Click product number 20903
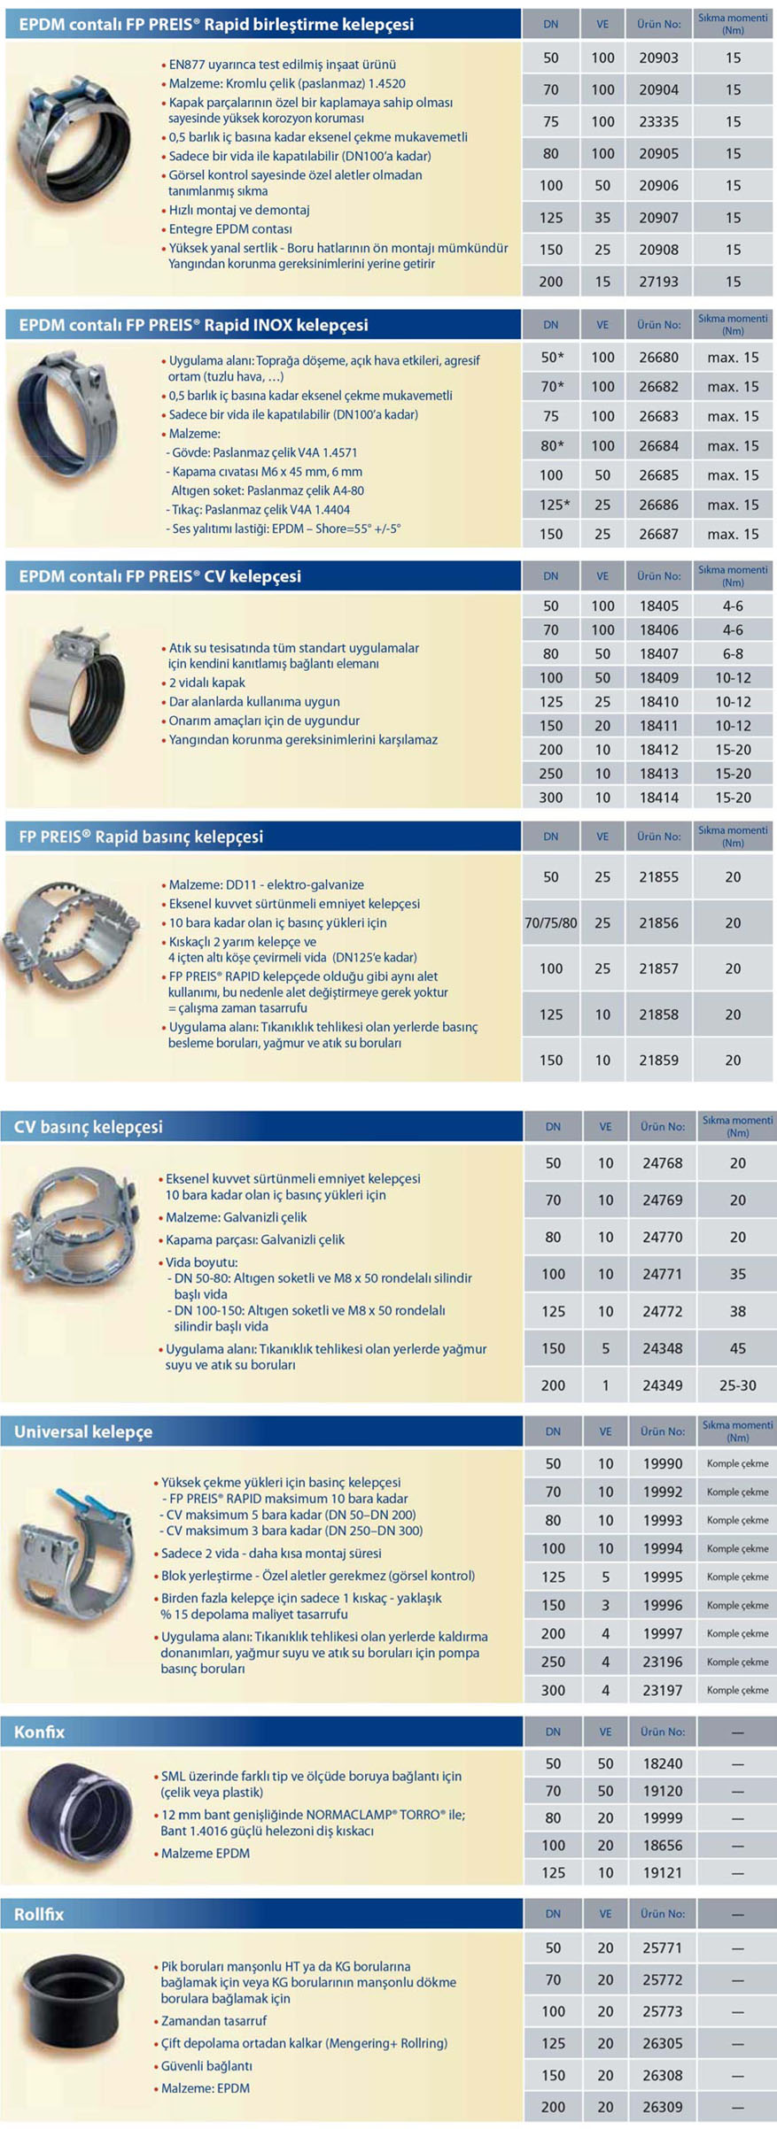(x=658, y=58)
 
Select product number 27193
(x=658, y=282)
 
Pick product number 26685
(x=658, y=475)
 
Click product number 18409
(x=658, y=678)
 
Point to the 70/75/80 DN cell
(x=550, y=923)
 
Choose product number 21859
(x=658, y=1060)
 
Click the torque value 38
(x=737, y=1311)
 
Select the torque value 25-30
(x=737, y=1385)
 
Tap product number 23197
(x=662, y=1690)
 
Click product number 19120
(x=662, y=1791)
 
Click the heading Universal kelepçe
(x=83, y=1431)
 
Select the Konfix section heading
(x=39, y=1732)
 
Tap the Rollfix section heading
(x=39, y=1914)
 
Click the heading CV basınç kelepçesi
(x=88, y=1127)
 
